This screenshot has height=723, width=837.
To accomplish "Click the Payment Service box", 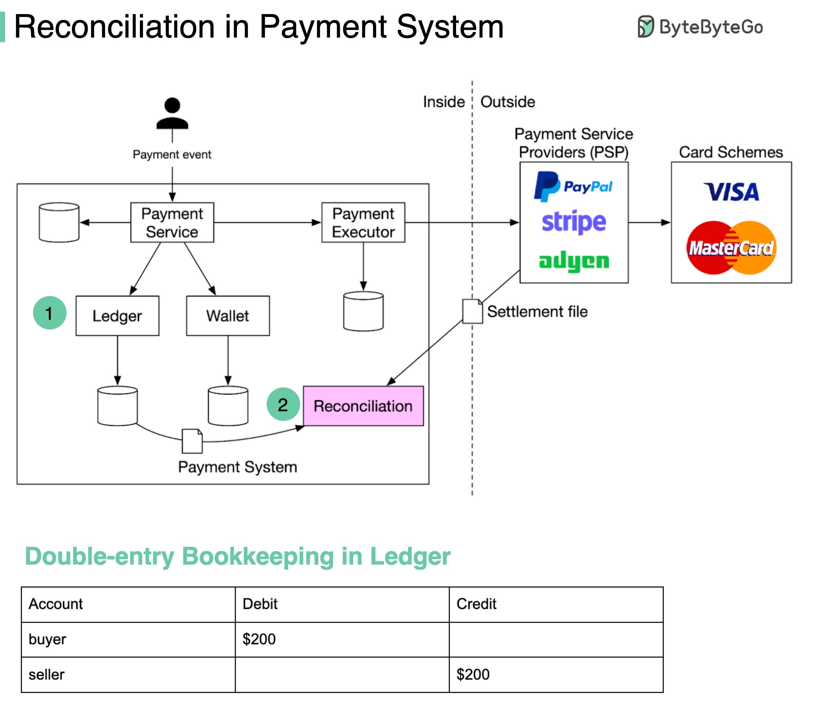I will click(172, 223).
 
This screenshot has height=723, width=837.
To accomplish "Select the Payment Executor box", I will click(363, 223).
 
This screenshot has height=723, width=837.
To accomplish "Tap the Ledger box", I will click(117, 316).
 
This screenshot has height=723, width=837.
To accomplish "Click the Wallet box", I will click(228, 316).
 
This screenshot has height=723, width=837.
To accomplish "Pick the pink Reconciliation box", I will click(363, 406).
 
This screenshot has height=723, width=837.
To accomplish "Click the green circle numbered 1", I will click(49, 313).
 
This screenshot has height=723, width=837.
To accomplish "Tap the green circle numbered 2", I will click(283, 404).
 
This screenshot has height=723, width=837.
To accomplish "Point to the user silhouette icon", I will click(172, 114).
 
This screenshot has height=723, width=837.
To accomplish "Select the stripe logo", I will click(574, 222).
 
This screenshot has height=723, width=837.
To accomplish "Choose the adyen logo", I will click(574, 261).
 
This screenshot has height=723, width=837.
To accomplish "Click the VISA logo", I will click(731, 192).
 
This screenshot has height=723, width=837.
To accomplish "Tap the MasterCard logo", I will click(731, 247).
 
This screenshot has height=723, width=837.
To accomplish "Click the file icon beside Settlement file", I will click(472, 311).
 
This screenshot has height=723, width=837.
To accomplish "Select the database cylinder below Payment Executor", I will click(363, 311).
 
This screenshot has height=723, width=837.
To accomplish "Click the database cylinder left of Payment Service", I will click(59, 223).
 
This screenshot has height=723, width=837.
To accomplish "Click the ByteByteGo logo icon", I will click(645, 27).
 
